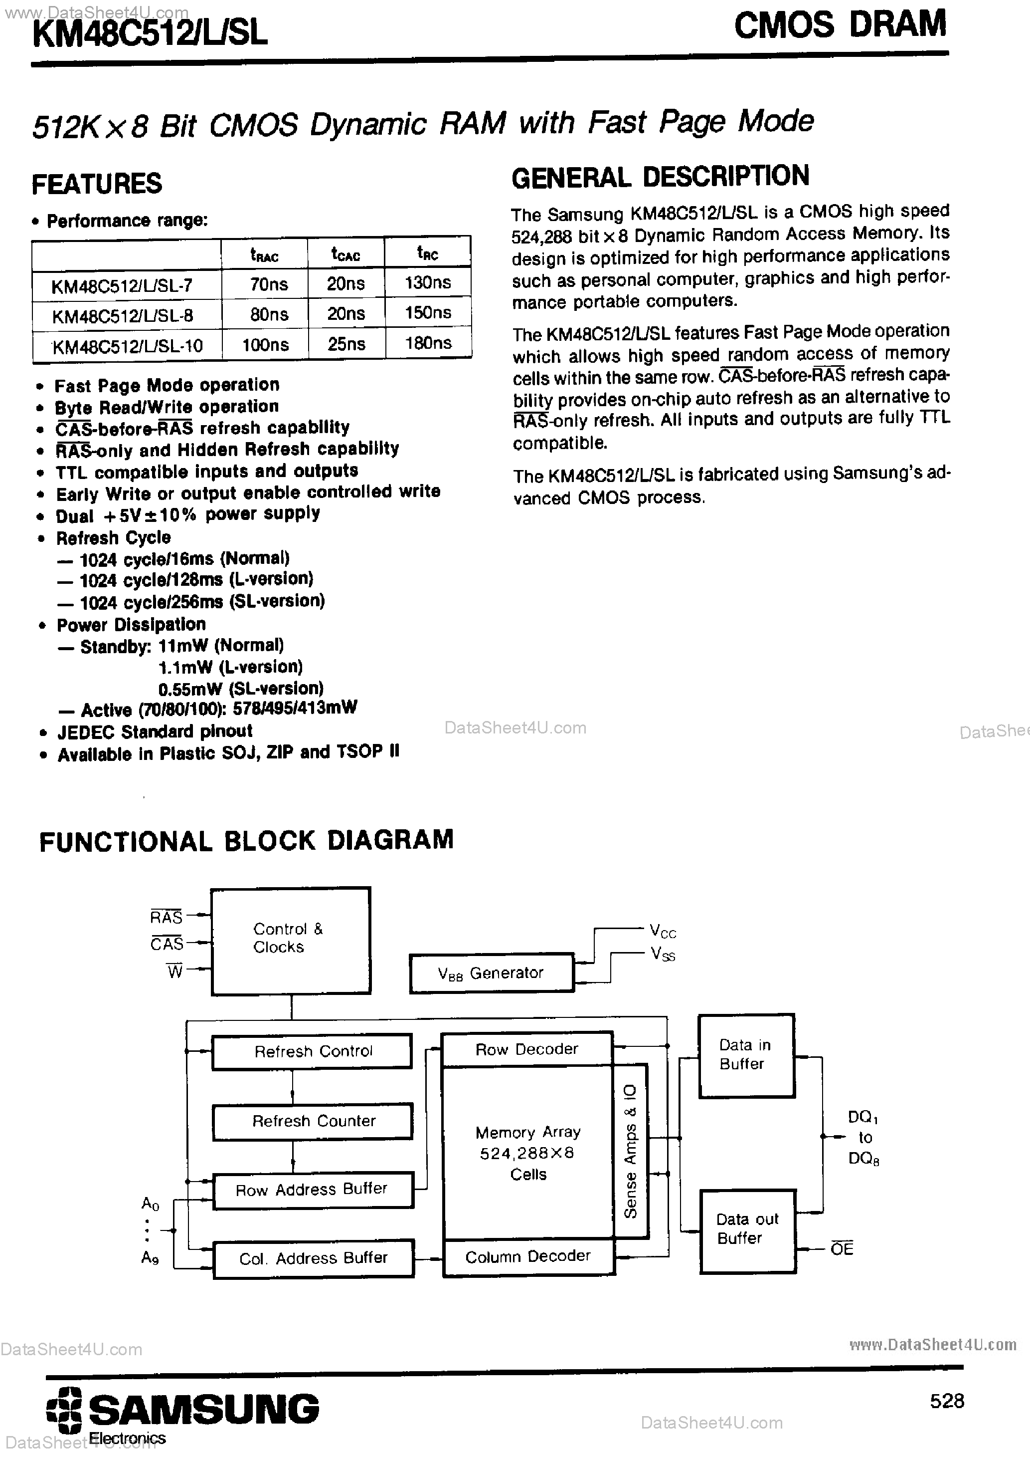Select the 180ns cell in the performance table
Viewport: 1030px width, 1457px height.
coord(428,343)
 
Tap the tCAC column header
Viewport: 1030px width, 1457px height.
coord(345,254)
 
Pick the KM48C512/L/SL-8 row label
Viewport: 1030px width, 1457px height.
coord(123,315)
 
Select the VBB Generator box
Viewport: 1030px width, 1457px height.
coord(491,973)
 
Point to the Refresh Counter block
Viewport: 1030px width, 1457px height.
coord(313,1121)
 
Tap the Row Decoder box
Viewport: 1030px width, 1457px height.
coord(526,1049)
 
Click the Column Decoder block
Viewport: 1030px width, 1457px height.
coord(527,1256)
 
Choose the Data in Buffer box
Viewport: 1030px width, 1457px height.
coord(746,1054)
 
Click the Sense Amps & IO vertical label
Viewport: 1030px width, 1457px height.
coord(631,1151)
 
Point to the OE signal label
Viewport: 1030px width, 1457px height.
coord(842,1249)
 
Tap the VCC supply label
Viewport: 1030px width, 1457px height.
coord(663,932)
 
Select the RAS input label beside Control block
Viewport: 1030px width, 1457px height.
coord(166,916)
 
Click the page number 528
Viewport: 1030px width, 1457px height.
coord(946,1401)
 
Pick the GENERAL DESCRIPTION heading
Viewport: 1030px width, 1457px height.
coord(660,177)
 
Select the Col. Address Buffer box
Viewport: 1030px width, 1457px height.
coord(313,1258)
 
